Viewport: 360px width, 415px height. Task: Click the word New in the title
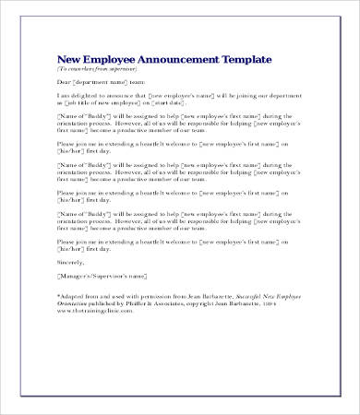tap(69, 60)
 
